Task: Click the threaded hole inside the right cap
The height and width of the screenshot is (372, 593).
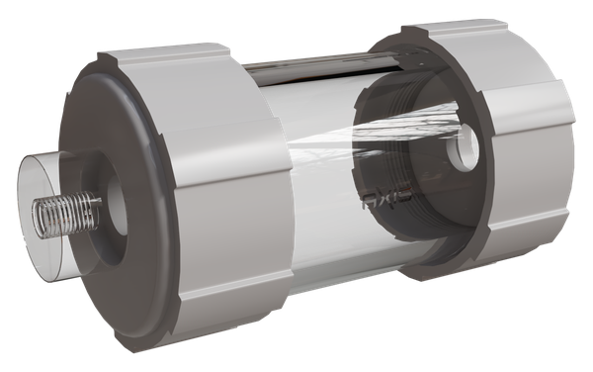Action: click(x=462, y=152)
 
